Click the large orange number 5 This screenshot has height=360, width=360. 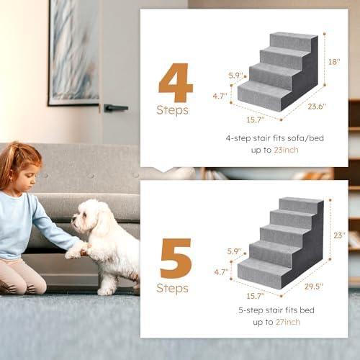point(176,258)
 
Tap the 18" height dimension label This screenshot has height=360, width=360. point(334,62)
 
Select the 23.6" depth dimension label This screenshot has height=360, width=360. point(315,107)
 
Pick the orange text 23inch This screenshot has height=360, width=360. point(284,150)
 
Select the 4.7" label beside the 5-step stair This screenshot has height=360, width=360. point(222,273)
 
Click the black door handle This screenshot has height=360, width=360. point(114,108)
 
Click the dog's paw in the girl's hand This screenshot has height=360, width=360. point(76,251)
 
